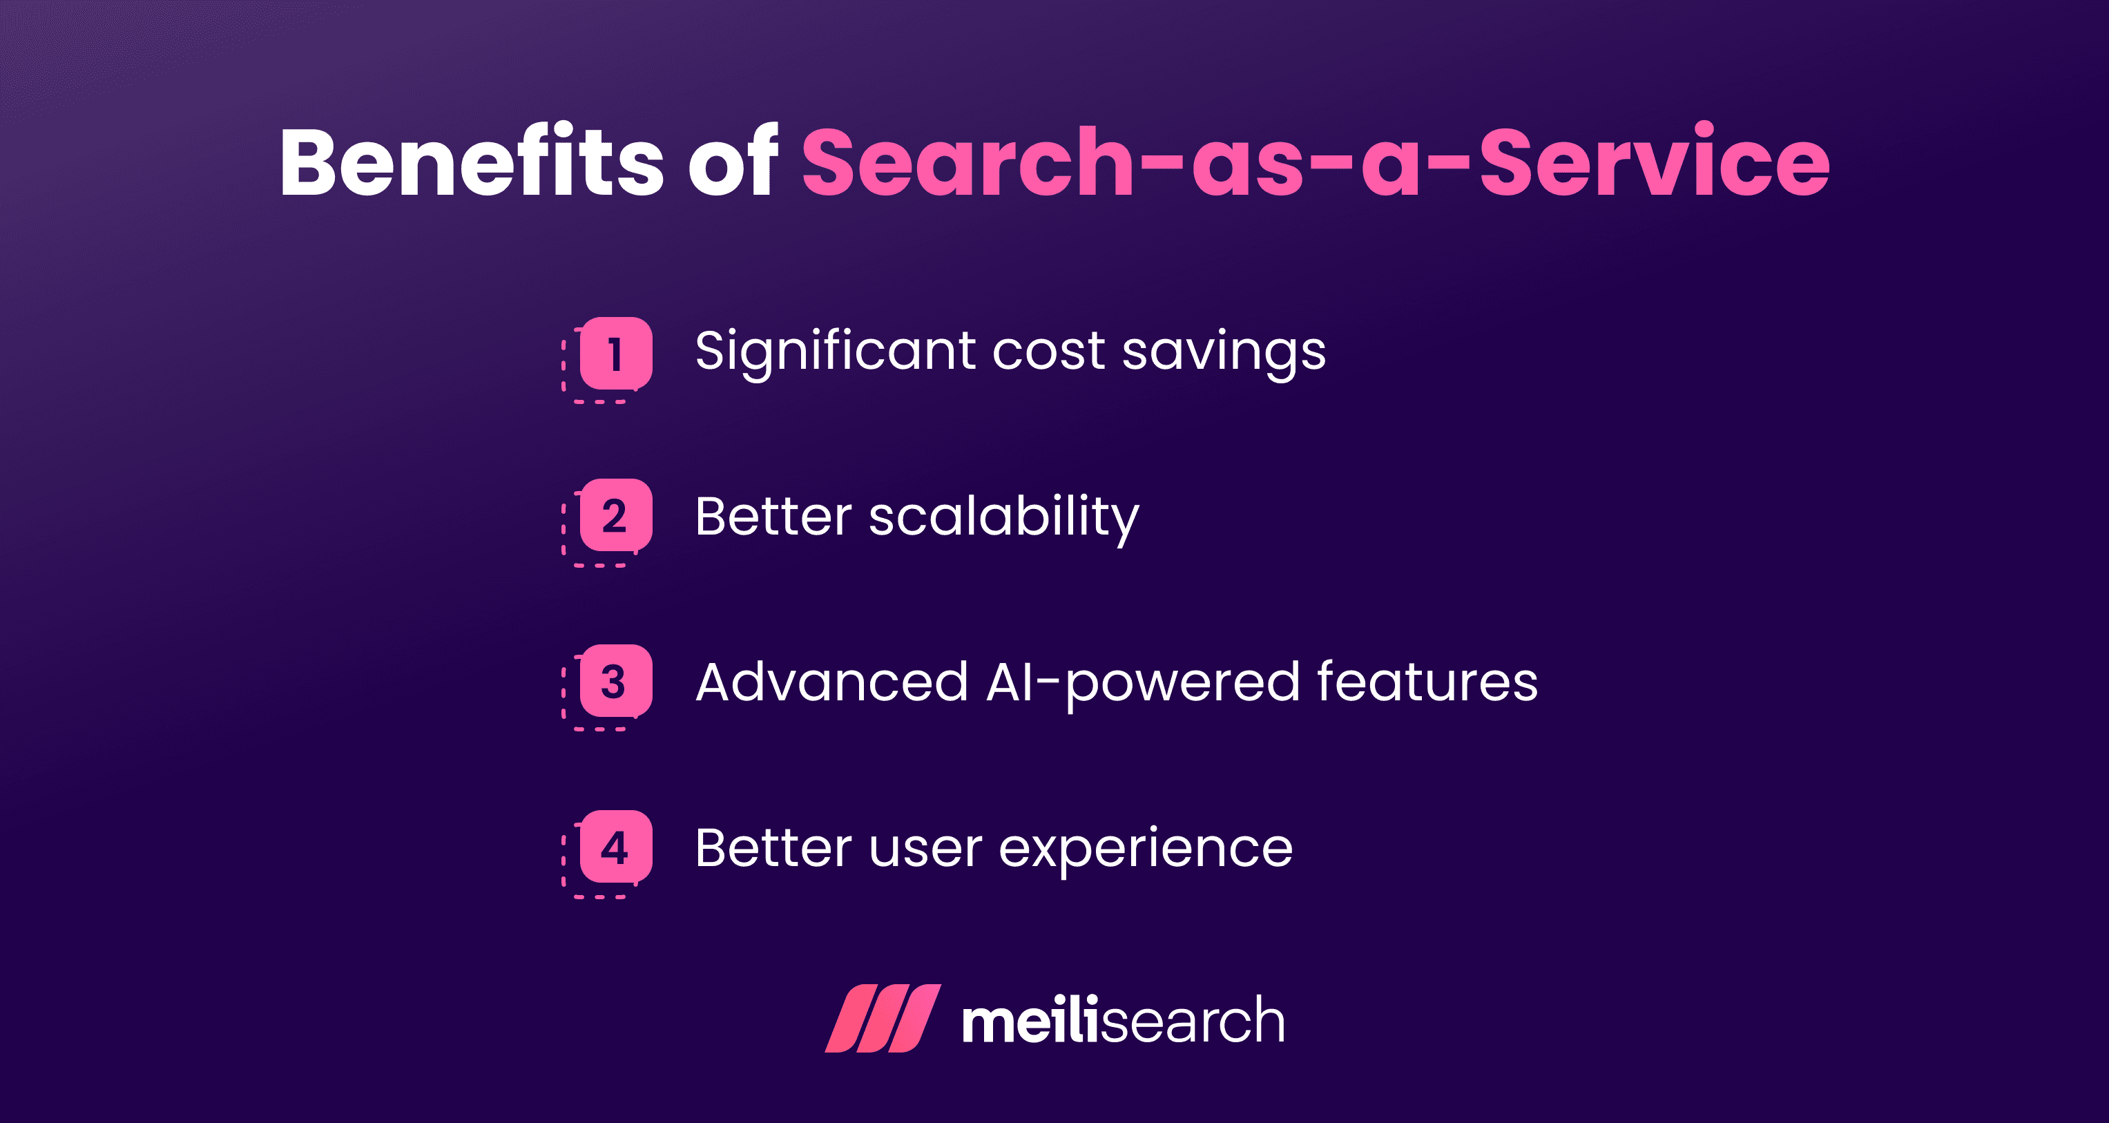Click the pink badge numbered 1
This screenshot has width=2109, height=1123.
tap(616, 353)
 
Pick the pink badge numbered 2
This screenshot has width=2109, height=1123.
tap(616, 516)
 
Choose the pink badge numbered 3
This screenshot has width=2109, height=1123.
tap(616, 681)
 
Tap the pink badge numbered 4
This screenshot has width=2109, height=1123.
tap(616, 847)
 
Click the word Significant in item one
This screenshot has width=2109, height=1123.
tap(835, 352)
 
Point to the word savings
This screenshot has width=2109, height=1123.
tap(1223, 352)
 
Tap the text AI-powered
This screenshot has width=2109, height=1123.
tap(1142, 682)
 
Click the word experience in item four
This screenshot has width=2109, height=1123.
tap(1146, 849)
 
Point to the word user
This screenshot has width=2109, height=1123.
tap(925, 849)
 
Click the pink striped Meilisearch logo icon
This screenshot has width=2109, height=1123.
tap(883, 1018)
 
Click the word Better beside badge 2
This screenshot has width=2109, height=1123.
tap(773, 517)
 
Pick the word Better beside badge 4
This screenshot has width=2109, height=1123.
tap(773, 849)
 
